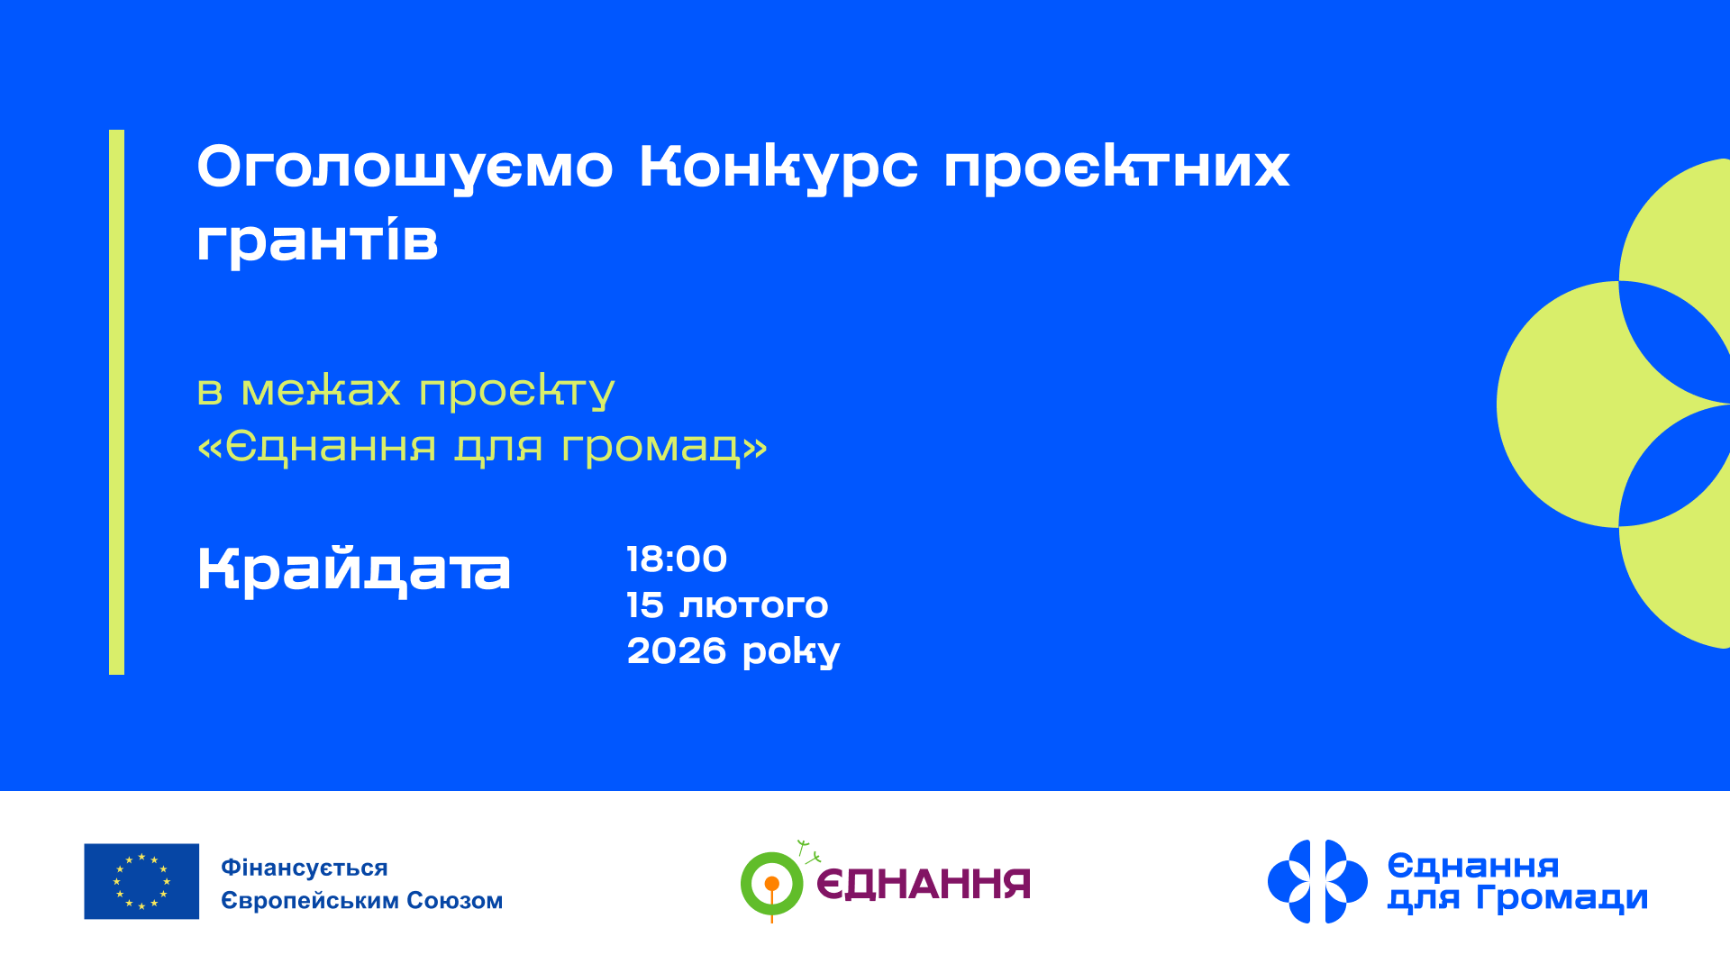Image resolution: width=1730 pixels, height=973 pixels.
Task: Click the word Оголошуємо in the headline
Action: coord(405,168)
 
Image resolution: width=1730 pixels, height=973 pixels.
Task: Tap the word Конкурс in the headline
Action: coord(778,168)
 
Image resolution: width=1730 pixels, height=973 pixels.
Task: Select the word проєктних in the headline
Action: coord(1116,168)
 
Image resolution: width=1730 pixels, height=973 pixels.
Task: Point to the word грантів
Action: coord(317,241)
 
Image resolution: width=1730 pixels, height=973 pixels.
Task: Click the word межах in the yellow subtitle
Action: coord(321,391)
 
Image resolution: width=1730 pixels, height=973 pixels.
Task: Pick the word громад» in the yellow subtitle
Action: coord(664,446)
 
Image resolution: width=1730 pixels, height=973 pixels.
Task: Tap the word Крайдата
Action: coord(354,570)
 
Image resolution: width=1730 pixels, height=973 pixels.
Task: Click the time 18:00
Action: coord(677,559)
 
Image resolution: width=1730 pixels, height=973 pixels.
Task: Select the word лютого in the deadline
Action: coord(753,605)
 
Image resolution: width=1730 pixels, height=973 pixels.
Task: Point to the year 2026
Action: coord(676,651)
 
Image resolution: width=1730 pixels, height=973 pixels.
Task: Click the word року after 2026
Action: coord(791,652)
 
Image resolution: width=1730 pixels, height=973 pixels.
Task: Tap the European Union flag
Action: coord(141,881)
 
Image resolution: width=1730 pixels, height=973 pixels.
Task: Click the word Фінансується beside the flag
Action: coord(305,868)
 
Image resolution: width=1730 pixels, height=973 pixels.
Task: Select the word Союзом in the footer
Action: coord(455,900)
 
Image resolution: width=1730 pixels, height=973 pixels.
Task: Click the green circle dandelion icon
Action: coord(771,883)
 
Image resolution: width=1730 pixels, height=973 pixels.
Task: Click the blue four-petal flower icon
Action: coord(1317,881)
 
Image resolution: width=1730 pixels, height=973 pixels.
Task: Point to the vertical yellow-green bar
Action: coord(116,402)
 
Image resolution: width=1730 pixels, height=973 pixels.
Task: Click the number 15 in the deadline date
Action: coord(645,605)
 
